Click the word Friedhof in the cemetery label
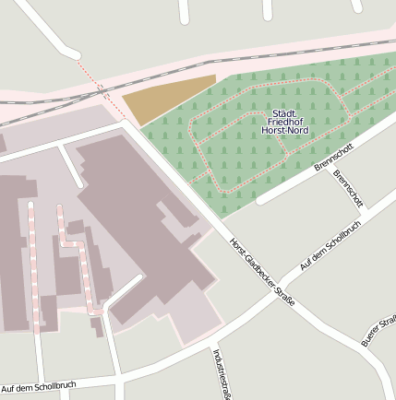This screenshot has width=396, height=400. pyautogui.click(x=285, y=122)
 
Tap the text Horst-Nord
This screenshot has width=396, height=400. pyautogui.click(x=285, y=131)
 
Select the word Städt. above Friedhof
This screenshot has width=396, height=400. pyautogui.click(x=285, y=112)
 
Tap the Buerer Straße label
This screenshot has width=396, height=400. pyautogui.click(x=379, y=330)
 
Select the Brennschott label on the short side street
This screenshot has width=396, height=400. pyautogui.click(x=349, y=189)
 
